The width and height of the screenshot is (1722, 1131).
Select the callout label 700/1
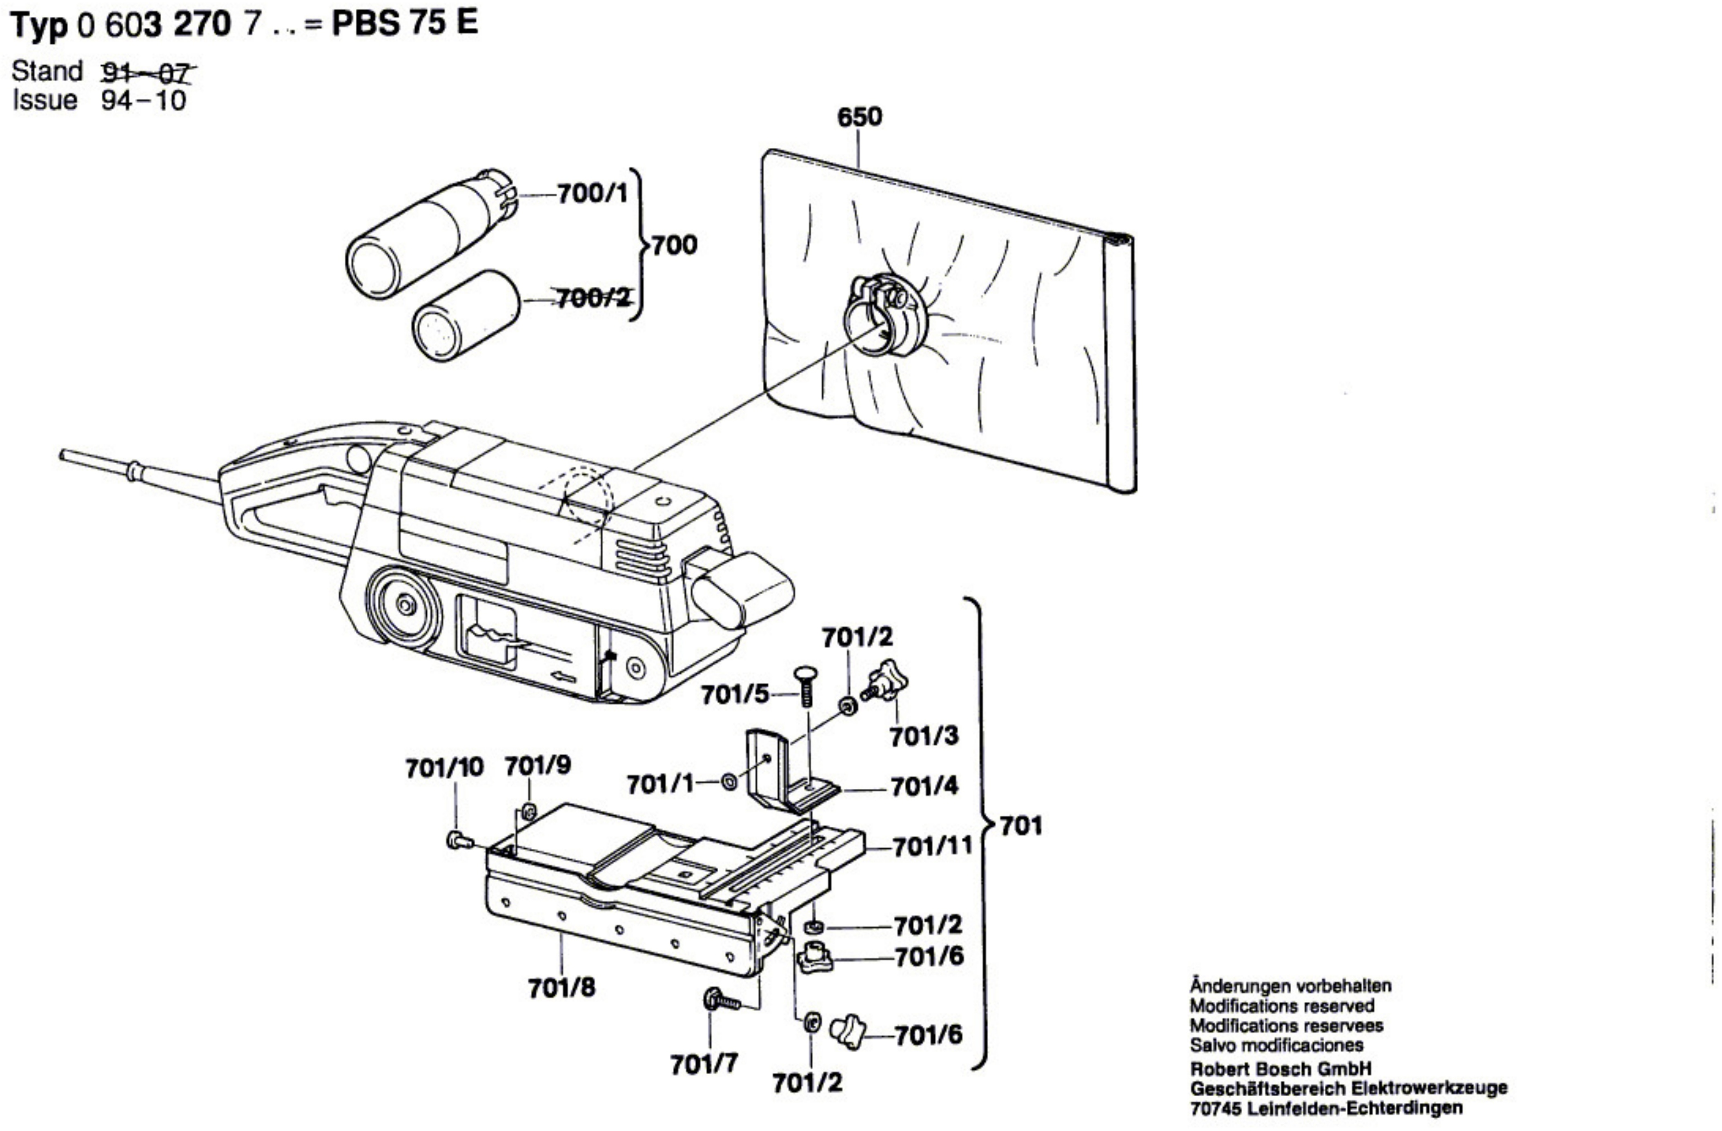[x=592, y=194]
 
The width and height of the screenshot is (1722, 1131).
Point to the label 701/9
[x=537, y=765]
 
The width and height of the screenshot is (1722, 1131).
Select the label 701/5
[x=734, y=696]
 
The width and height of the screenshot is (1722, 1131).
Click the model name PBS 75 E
[x=404, y=24]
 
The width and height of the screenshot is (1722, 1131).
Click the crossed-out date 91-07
[x=147, y=72]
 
